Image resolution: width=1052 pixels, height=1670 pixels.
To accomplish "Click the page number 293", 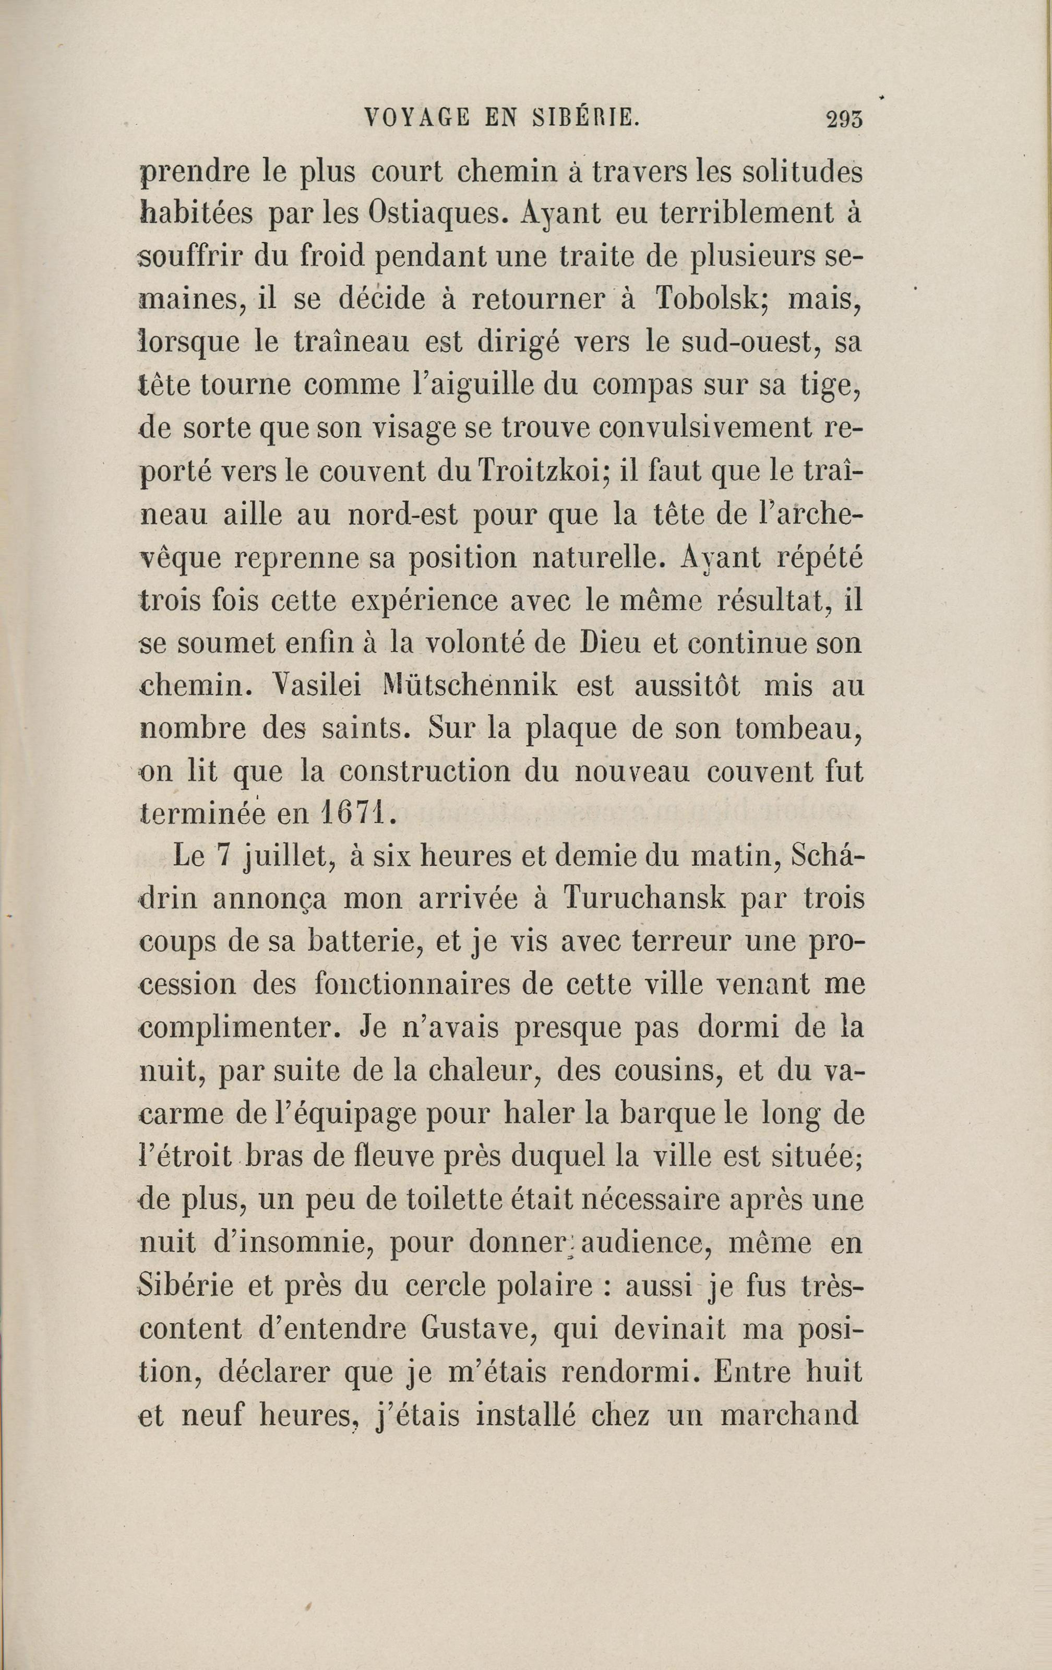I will pos(844,118).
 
